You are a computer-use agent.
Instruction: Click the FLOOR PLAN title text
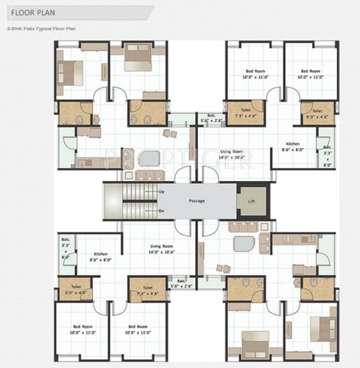coord(29,13)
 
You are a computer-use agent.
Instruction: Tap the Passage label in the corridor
coord(196,201)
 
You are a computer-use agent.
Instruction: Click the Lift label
coord(252,199)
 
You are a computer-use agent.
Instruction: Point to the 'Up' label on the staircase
coord(160,191)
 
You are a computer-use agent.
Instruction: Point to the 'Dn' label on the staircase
coord(160,210)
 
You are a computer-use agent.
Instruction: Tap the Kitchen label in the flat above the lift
coord(292,146)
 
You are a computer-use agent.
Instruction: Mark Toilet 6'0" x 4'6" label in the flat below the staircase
coord(76,289)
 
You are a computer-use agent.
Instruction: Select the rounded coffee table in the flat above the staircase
coord(149,157)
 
